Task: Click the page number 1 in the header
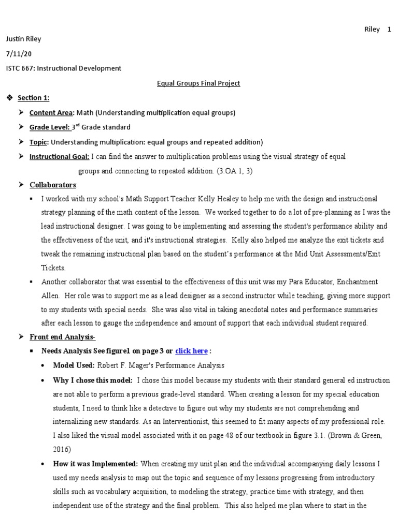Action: [389, 30]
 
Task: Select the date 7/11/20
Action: [17, 53]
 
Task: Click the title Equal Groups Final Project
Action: [199, 83]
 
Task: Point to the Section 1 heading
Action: [34, 98]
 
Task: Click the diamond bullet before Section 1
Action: [9, 98]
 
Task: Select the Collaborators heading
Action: [53, 185]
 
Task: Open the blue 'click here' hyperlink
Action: [191, 351]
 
